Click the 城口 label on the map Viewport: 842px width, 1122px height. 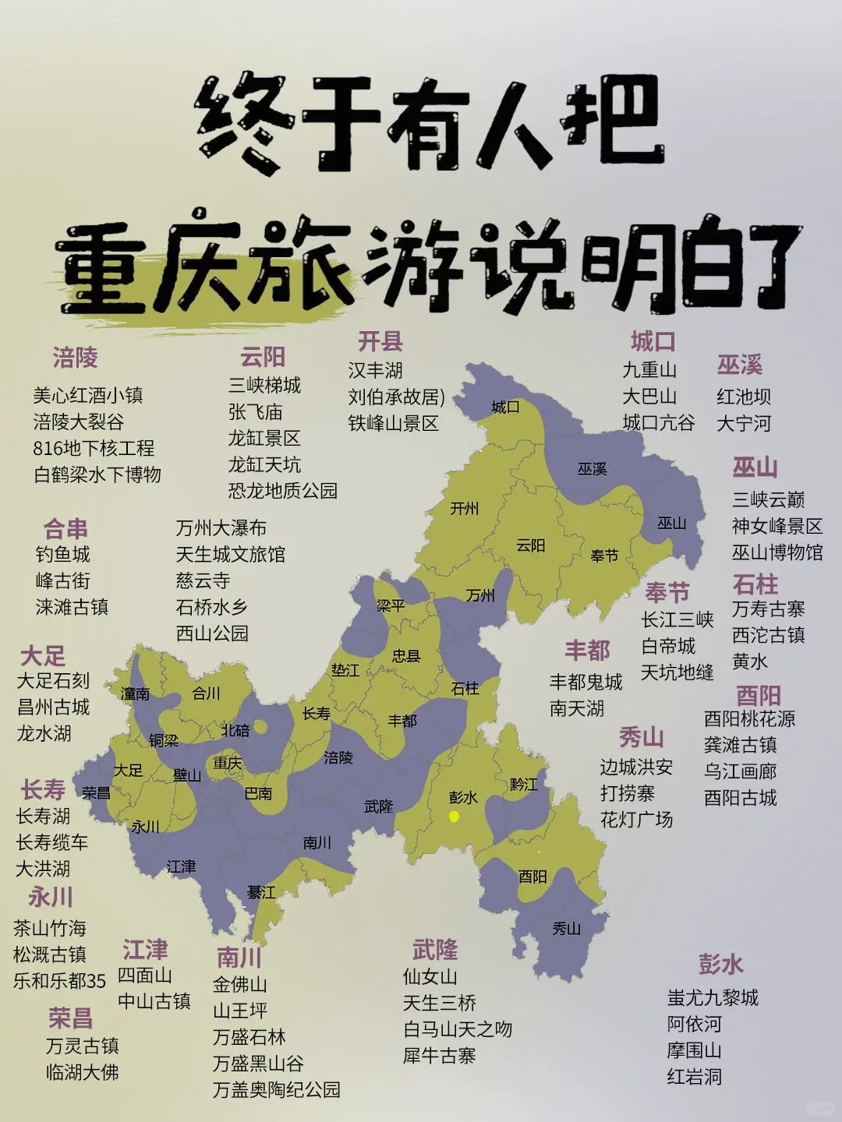pos(505,407)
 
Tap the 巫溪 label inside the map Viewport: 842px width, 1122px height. pos(592,469)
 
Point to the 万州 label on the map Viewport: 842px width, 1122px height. pos(480,595)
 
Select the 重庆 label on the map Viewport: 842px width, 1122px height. pos(228,763)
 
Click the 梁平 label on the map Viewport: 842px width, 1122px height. pos(390,605)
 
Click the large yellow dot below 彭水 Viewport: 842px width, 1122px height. pos(454,817)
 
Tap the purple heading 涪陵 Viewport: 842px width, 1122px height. pos(75,358)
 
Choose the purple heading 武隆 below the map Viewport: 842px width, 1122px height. pos(434,950)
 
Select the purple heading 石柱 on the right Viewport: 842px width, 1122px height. pos(755,584)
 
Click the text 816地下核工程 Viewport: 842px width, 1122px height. pos(94,448)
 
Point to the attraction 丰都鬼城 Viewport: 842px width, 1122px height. pos(586,682)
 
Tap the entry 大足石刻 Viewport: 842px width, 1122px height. pos(53,681)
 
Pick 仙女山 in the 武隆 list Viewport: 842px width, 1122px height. pos(430,976)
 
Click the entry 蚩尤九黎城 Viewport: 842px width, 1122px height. pos(713,997)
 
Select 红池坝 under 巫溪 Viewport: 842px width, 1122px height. pos(744,397)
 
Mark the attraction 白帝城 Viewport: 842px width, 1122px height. pos(668,646)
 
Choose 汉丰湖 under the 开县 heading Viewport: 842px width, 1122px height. pos(375,370)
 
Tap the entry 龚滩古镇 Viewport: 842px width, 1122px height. pos(740,745)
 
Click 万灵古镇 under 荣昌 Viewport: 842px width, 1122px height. pos(82,1046)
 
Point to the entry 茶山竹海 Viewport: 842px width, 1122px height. pos(49,928)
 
